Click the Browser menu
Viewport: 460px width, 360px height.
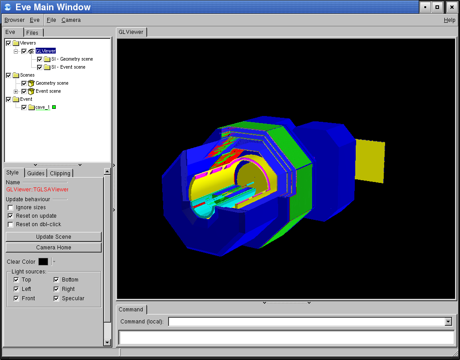point(14,20)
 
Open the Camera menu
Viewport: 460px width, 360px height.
point(71,20)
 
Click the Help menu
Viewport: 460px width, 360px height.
point(449,20)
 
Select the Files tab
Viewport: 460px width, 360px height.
point(32,33)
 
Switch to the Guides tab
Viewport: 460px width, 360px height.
point(36,173)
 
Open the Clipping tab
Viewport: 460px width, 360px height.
point(60,173)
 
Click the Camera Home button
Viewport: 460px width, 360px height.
point(53,248)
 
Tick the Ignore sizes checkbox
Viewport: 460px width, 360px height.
point(11,207)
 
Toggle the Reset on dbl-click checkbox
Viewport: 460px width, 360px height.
point(11,225)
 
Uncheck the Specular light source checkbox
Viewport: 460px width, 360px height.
point(56,298)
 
